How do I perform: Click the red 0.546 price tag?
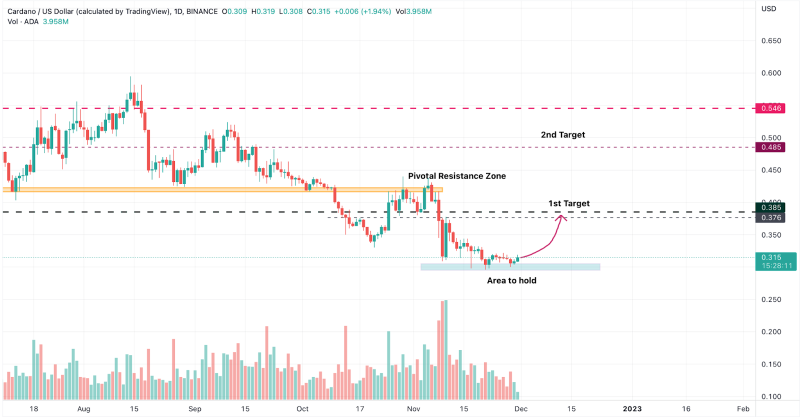pyautogui.click(x=770, y=108)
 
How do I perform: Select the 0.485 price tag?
pyautogui.click(x=770, y=147)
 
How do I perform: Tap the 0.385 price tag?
pyautogui.click(x=770, y=207)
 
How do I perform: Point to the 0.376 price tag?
pyautogui.click(x=770, y=218)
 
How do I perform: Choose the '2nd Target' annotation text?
pyautogui.click(x=562, y=135)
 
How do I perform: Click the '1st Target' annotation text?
pyautogui.click(x=569, y=203)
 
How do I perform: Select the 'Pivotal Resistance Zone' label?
pyautogui.click(x=456, y=176)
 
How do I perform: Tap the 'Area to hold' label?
pyautogui.click(x=511, y=280)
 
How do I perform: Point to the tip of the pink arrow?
pyautogui.click(x=561, y=215)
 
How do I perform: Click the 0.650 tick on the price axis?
pyautogui.click(x=771, y=41)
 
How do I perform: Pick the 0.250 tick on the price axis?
pyautogui.click(x=771, y=299)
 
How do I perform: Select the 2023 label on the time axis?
pyautogui.click(x=632, y=409)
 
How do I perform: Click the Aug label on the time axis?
pyautogui.click(x=83, y=409)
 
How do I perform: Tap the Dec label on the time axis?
pyautogui.click(x=521, y=409)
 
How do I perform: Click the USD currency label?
pyautogui.click(x=768, y=9)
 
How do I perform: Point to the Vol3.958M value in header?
pyautogui.click(x=413, y=11)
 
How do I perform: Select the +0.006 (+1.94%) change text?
pyautogui.click(x=363, y=11)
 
